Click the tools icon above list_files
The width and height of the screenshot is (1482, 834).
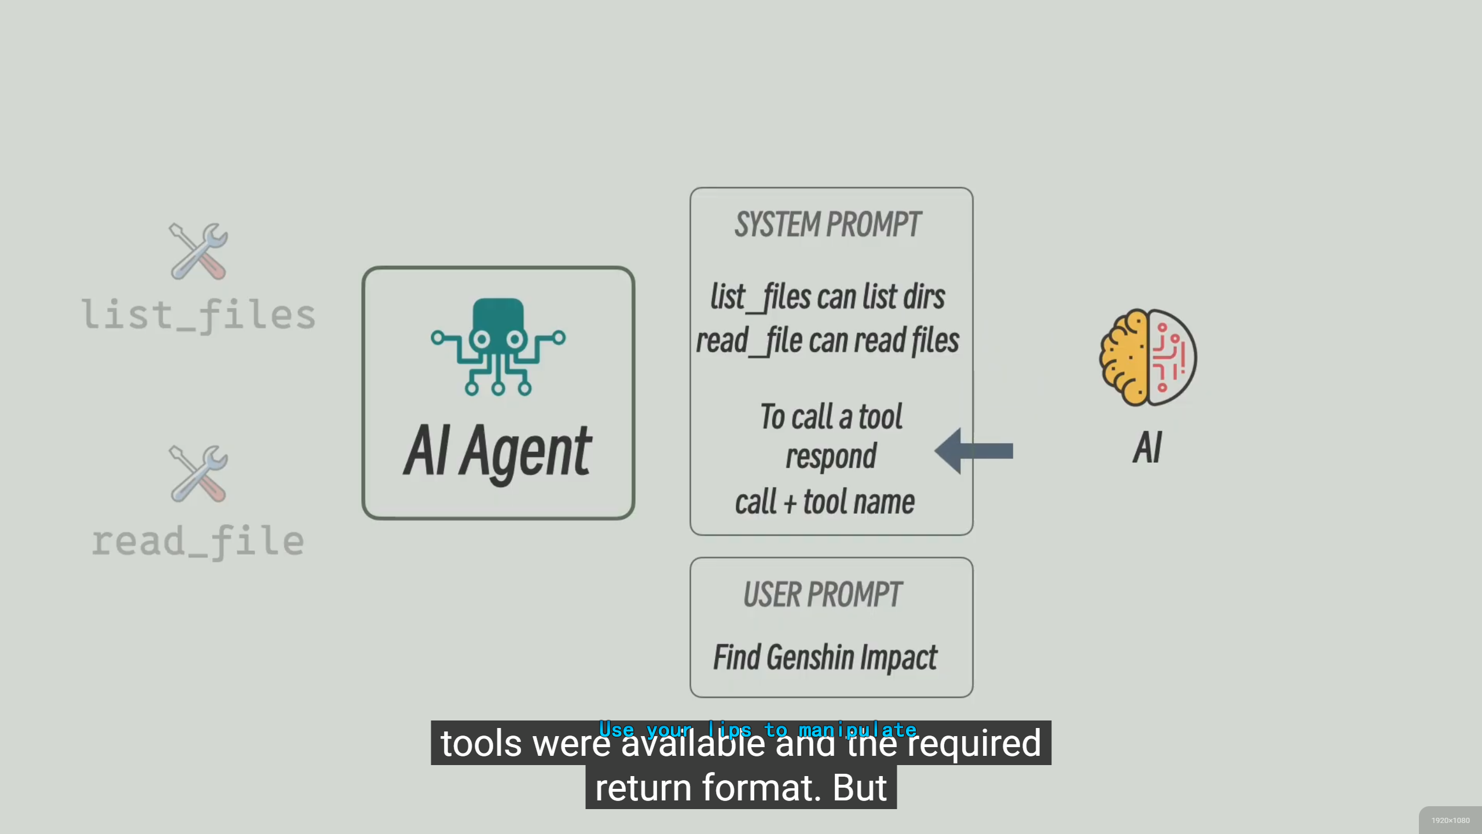199,251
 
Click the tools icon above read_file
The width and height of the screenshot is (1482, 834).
199,473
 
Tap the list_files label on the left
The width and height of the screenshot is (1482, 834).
199,316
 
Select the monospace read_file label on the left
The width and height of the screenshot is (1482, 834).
199,542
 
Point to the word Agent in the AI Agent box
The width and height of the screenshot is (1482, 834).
526,452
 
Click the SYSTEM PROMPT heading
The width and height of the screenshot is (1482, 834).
828,225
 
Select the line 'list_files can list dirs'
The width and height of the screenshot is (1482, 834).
828,297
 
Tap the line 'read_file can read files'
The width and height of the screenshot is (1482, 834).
828,341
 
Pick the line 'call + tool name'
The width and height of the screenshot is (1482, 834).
825,502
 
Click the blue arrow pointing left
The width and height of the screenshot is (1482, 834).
974,451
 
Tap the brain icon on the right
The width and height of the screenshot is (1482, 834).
1148,357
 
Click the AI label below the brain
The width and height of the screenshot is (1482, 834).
1147,448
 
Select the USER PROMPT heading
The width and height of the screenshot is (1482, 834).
823,595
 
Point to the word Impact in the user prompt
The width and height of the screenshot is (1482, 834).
898,658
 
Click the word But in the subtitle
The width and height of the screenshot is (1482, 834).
860,788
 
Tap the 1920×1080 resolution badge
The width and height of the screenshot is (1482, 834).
1450,821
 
